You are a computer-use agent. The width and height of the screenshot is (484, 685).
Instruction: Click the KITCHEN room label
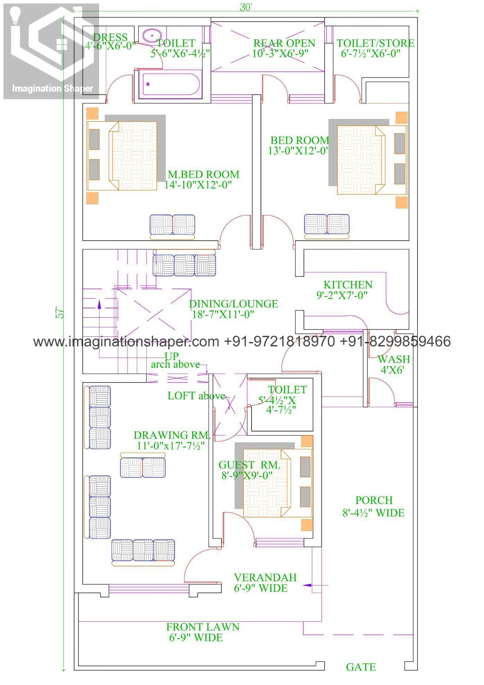pos(348,285)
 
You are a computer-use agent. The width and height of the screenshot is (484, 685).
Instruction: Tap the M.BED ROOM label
pos(203,174)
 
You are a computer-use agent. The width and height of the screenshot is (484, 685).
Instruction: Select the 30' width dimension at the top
pos(245,7)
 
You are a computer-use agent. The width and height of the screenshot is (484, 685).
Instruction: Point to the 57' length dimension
pos(60,312)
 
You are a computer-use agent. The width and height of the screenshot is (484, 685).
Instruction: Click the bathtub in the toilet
pos(170,84)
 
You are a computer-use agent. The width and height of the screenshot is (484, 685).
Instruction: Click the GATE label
pos(361,667)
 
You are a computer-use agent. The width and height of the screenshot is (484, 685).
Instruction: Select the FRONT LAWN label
pos(203,627)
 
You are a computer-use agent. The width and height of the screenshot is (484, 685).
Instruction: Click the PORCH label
pos(374,500)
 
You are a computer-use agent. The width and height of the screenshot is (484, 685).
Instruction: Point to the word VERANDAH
pos(265,577)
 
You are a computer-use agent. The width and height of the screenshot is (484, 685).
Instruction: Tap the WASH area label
pos(394,359)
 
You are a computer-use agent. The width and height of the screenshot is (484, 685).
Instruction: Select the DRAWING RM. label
pos(172,435)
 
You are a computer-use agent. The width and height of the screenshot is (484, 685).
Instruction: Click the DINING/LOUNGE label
pos(233,304)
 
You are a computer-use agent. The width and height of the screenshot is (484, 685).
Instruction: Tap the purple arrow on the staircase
pos(99,304)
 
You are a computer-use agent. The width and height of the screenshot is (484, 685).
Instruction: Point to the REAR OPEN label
pos(284,43)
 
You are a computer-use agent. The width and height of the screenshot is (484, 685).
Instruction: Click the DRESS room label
pos(110,37)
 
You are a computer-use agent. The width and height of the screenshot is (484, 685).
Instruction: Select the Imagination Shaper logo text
pos(52,88)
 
